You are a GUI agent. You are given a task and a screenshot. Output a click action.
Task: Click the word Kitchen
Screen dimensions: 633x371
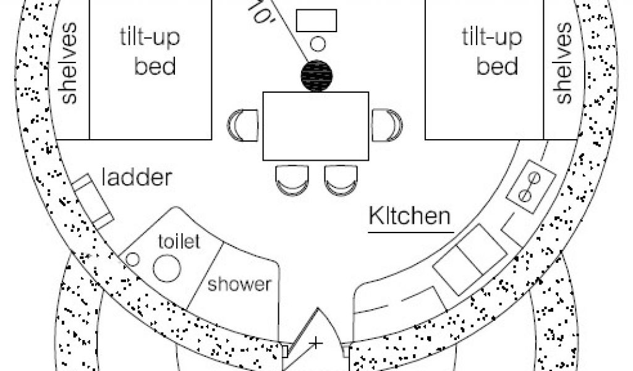(410, 216)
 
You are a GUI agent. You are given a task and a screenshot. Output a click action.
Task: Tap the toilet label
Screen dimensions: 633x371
(179, 241)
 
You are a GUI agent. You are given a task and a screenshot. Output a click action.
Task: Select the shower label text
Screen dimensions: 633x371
(240, 284)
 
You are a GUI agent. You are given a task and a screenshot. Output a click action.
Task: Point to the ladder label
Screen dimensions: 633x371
(137, 177)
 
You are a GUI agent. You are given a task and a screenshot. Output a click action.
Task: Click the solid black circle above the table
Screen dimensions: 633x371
(317, 76)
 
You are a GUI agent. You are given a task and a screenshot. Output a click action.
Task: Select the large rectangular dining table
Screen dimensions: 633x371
(316, 126)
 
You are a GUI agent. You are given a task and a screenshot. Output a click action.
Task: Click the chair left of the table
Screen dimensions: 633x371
(242, 125)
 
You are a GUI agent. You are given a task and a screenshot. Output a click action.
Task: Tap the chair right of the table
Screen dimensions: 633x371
(387, 125)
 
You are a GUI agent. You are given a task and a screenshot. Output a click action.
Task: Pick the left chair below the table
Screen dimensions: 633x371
(292, 180)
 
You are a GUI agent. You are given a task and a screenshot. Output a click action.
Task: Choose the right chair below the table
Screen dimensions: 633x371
(341, 180)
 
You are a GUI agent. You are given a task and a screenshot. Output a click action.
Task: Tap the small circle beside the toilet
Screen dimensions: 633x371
(132, 259)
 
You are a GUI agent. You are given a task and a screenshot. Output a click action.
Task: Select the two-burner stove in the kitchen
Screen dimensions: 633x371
(530, 187)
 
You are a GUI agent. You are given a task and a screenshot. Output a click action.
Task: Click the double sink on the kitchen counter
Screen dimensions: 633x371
(470, 260)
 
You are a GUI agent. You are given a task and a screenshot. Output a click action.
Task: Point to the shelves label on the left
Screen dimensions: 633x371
(68, 63)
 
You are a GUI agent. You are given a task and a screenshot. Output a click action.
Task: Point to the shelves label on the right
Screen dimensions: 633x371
(564, 63)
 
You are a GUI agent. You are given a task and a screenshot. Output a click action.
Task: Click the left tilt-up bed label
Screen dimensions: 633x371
(150, 52)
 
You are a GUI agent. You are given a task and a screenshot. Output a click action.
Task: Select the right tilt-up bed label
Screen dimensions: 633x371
(492, 52)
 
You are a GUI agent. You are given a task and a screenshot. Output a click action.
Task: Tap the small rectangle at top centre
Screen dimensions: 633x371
(316, 20)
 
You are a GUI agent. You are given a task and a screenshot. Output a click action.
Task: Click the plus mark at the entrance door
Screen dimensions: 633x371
(316, 344)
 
